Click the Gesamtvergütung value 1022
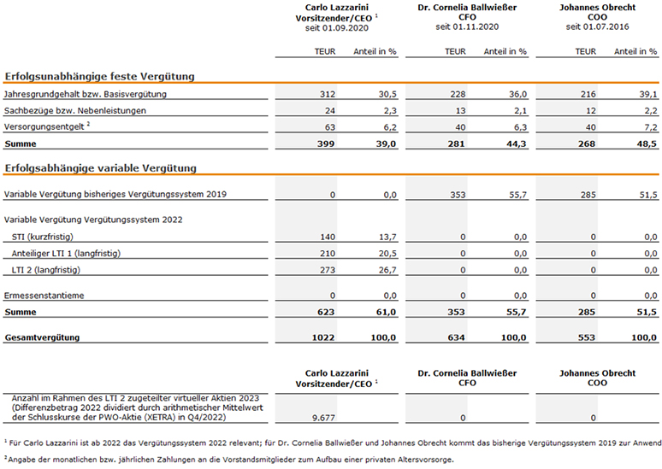[x=323, y=337]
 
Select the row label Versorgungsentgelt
[x=44, y=127]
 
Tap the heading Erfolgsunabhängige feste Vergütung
[x=99, y=76]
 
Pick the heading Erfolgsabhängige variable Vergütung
[x=100, y=168]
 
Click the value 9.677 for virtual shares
[x=323, y=418]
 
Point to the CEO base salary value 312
[x=328, y=94]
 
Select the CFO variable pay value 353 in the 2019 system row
[x=458, y=195]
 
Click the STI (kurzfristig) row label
[x=42, y=237]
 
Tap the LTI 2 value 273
[x=328, y=270]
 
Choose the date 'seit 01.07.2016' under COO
[x=597, y=27]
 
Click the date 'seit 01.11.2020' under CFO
[x=467, y=27]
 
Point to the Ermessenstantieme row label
[x=44, y=296]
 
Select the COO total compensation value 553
[x=587, y=337]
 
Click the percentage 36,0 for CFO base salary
[x=517, y=94]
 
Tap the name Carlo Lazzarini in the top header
[x=337, y=8]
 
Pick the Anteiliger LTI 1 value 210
[x=328, y=254]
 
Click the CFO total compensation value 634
[x=457, y=337]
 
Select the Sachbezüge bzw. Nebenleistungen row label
[x=74, y=110]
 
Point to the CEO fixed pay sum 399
[x=326, y=144]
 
